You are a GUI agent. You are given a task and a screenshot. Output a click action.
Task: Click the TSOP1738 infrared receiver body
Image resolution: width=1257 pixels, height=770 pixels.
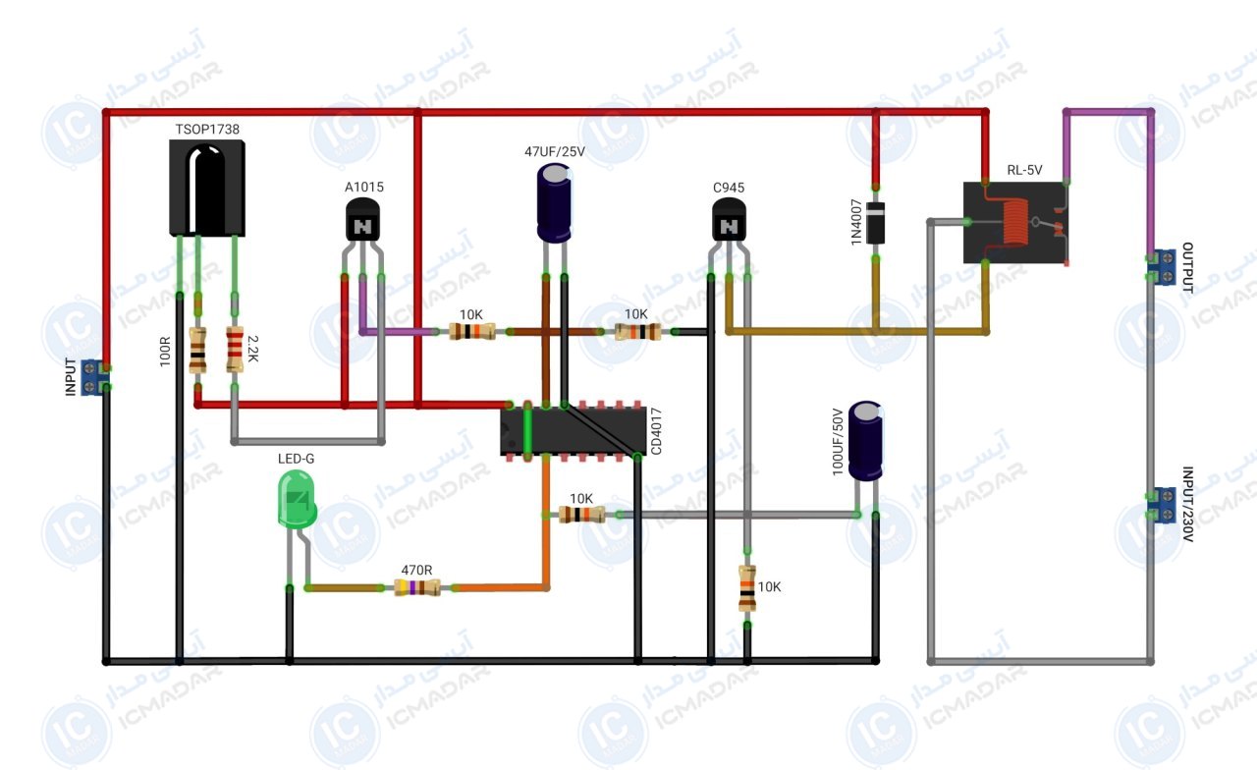[207, 188]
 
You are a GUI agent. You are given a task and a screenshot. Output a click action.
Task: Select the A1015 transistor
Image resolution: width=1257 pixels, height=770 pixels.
[362, 221]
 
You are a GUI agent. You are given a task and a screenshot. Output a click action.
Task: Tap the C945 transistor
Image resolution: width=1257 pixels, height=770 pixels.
[729, 221]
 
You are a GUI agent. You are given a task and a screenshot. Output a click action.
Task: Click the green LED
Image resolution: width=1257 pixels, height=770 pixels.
[297, 499]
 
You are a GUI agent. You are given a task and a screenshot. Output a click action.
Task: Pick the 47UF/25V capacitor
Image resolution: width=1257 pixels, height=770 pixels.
[555, 202]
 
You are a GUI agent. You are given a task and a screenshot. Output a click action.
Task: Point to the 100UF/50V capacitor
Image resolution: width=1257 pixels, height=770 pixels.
[865, 441]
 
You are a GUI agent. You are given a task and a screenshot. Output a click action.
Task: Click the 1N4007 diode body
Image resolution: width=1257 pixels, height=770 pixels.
[875, 223]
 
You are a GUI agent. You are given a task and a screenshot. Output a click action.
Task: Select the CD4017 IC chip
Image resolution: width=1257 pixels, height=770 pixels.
[573, 431]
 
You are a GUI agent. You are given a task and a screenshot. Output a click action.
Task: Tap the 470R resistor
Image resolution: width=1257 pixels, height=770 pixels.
[417, 587]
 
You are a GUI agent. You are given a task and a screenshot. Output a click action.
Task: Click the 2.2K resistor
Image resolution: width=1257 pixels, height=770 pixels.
[235, 349]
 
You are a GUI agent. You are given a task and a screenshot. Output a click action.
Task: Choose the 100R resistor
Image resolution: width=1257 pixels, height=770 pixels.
[197, 351]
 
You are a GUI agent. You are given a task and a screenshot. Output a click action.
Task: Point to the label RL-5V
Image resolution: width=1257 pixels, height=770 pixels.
[1024, 170]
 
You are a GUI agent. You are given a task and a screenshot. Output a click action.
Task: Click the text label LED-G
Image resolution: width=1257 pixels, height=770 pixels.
[296, 459]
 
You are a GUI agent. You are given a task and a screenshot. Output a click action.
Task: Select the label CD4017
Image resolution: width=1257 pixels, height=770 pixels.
[656, 431]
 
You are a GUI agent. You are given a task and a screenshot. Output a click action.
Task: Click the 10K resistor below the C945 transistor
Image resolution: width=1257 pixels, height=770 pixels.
[747, 588]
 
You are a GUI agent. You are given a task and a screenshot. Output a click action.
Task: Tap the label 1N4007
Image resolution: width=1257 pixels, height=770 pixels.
[855, 222]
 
